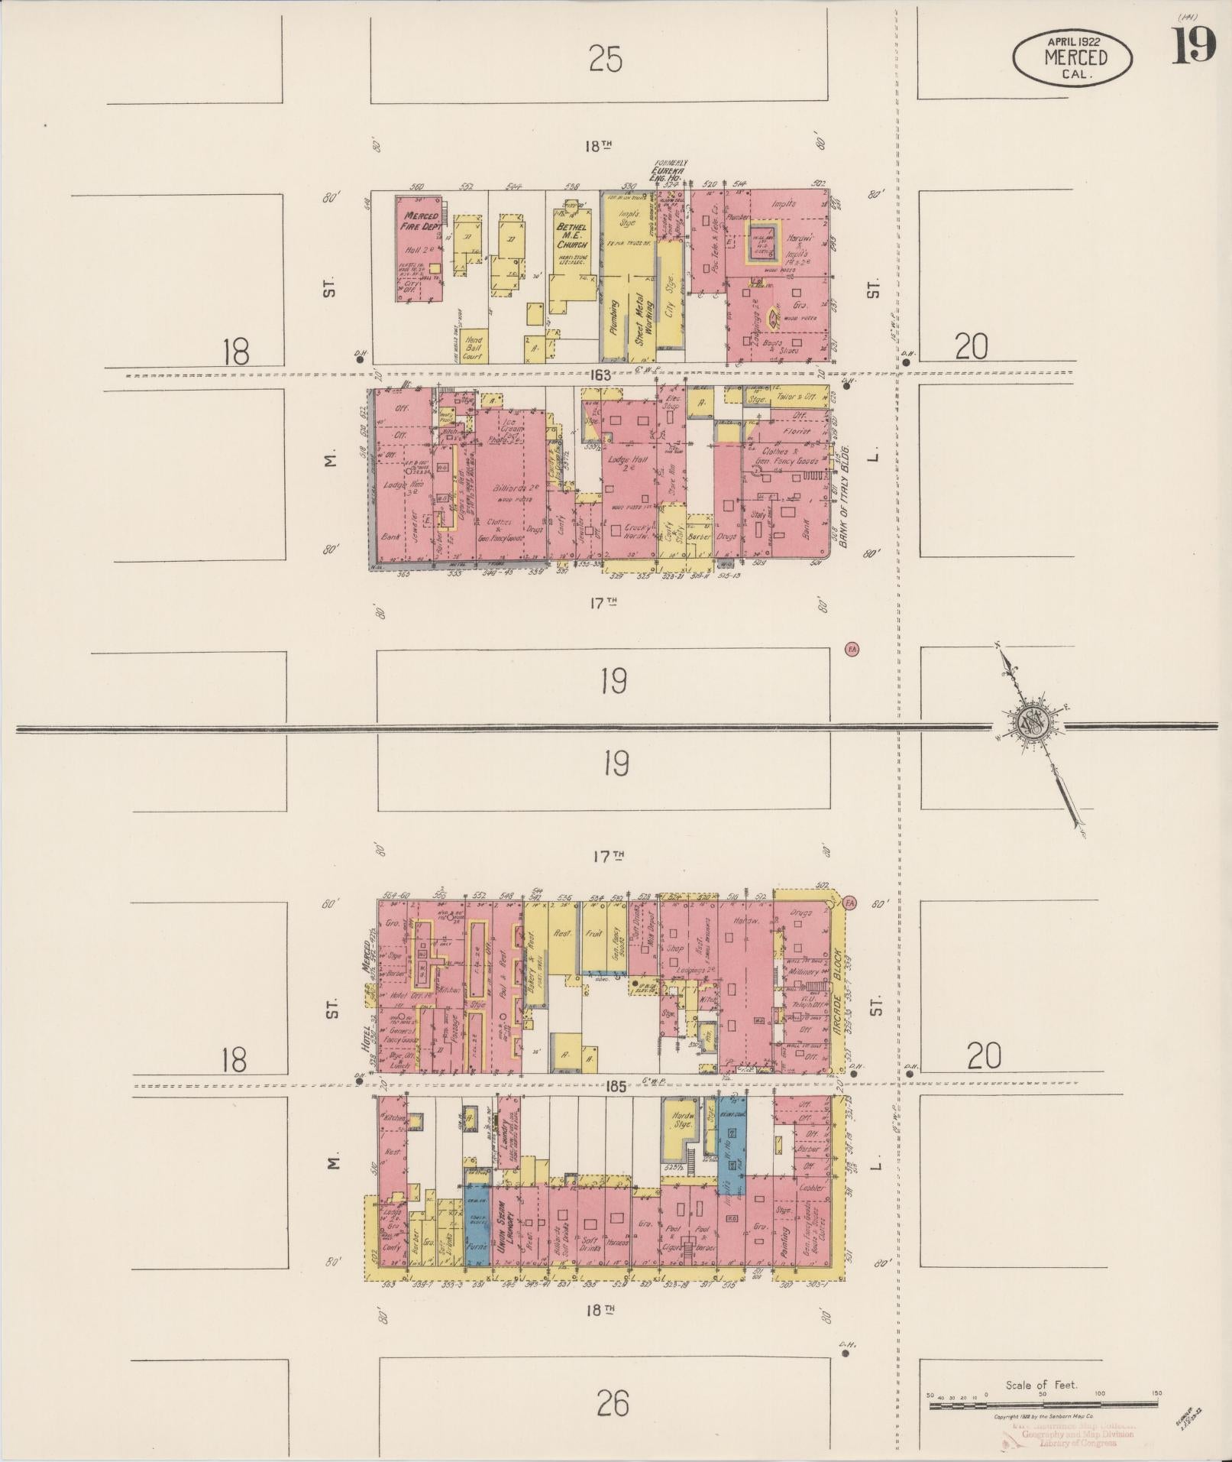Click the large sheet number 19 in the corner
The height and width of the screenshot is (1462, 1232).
click(x=1193, y=47)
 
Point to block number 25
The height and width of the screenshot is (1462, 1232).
click(x=606, y=59)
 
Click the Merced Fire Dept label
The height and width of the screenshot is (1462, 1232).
click(x=420, y=221)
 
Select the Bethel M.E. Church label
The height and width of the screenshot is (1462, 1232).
click(x=571, y=236)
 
